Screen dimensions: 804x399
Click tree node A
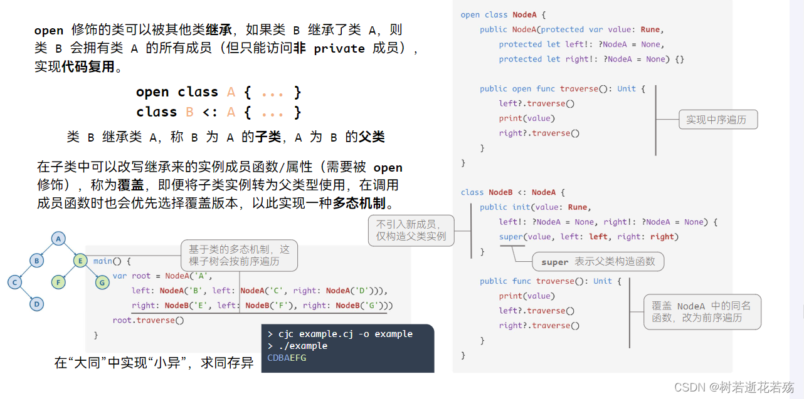click(x=58, y=239)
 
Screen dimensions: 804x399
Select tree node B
click(x=36, y=261)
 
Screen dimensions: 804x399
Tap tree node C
click(x=14, y=282)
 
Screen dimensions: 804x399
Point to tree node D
click(x=36, y=304)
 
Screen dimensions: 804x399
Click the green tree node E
click(x=80, y=261)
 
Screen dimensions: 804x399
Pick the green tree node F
click(x=58, y=282)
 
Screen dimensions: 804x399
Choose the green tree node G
click(x=102, y=282)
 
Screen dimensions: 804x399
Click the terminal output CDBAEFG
click(x=287, y=358)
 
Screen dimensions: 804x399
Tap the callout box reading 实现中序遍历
click(x=718, y=120)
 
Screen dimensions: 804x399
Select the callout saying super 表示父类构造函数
click(x=598, y=262)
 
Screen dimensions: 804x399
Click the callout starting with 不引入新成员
click(x=411, y=231)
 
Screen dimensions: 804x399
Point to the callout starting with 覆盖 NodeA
click(x=702, y=312)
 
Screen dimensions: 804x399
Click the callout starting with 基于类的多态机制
click(x=239, y=256)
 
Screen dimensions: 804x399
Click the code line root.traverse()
click(x=148, y=320)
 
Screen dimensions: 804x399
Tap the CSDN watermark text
click(x=734, y=387)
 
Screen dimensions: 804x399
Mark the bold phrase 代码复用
click(x=88, y=66)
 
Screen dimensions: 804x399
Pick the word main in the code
click(x=103, y=261)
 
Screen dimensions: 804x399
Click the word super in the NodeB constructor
click(x=510, y=237)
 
